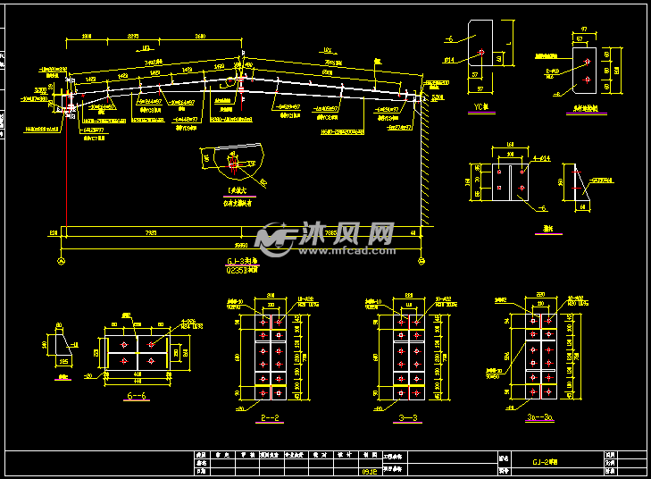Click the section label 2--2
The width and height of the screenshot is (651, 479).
tap(267, 416)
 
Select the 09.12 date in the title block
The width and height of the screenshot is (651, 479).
tap(368, 469)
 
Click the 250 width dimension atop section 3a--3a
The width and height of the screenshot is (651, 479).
tap(541, 294)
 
